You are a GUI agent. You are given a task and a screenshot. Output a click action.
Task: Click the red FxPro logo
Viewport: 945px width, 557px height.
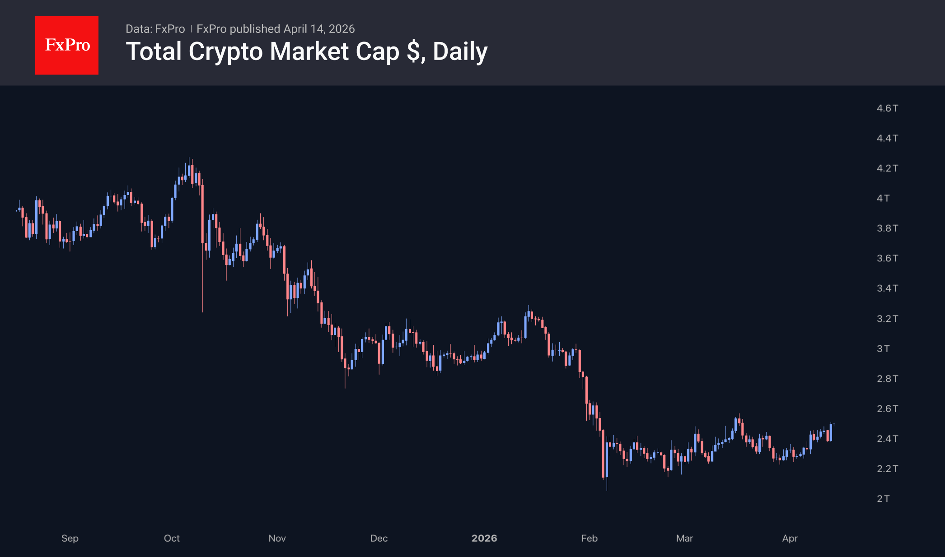(x=67, y=45)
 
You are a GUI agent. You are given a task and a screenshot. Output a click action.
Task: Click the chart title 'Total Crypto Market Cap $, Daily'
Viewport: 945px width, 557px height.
(x=307, y=51)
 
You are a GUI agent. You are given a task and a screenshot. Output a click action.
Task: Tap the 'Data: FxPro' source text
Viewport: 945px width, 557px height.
(x=155, y=29)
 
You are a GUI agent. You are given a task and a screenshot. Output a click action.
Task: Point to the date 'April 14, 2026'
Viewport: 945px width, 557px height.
(x=319, y=29)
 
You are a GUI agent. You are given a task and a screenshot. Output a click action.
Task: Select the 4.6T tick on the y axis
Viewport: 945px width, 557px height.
(x=887, y=108)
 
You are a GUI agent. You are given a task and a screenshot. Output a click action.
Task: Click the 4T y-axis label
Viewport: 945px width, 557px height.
(x=883, y=198)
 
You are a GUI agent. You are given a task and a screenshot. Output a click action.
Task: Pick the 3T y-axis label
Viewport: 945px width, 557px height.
(x=883, y=348)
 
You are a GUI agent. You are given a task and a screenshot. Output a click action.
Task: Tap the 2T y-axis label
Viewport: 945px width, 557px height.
(x=883, y=499)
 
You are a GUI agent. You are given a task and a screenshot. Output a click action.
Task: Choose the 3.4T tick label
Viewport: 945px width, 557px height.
(x=887, y=288)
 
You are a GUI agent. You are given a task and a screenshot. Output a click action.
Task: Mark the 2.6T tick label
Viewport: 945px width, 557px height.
(x=887, y=408)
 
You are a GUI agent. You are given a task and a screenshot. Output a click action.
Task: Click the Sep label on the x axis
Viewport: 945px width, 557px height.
(x=70, y=538)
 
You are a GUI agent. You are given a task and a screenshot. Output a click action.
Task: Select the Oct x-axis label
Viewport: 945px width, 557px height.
(x=172, y=538)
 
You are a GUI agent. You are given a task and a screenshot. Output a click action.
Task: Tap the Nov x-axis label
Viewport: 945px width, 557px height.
(x=277, y=538)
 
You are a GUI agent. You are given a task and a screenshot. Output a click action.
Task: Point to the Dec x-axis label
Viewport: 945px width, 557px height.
(x=379, y=538)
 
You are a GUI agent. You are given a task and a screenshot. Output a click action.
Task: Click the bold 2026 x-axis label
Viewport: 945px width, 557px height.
(x=484, y=538)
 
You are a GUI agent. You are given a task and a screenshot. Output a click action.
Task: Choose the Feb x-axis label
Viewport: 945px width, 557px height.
(x=589, y=538)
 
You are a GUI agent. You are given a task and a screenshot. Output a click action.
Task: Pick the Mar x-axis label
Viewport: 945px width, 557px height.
(x=684, y=538)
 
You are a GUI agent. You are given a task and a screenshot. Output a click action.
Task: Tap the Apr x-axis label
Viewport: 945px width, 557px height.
(x=790, y=538)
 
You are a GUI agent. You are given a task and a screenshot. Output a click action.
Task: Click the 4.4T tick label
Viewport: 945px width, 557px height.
(x=887, y=138)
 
